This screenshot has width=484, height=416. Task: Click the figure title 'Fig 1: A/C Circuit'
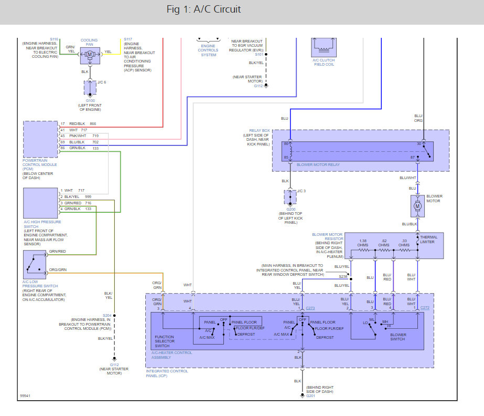(x=203, y=9)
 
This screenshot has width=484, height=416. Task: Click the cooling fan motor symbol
(x=90, y=54)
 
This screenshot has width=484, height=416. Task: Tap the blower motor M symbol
(x=418, y=206)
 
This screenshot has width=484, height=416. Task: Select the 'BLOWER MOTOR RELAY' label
(x=318, y=164)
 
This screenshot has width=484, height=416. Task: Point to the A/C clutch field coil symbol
(x=323, y=46)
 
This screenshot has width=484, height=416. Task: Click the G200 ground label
(x=291, y=209)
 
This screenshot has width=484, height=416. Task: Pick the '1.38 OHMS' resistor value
(x=363, y=243)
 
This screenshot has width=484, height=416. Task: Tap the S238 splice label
(x=343, y=276)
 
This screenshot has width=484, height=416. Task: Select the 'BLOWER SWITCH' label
(x=398, y=337)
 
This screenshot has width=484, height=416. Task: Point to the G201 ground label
(x=311, y=396)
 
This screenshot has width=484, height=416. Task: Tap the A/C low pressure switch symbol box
(x=35, y=265)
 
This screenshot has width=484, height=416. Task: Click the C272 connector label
(x=425, y=307)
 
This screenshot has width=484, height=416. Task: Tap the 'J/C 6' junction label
(x=102, y=82)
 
